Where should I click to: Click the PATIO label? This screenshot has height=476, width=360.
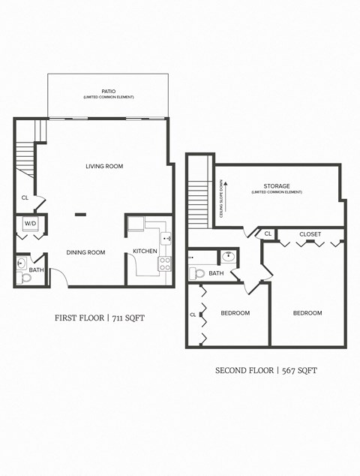[109, 91]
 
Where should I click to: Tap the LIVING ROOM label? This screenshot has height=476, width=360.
[104, 166]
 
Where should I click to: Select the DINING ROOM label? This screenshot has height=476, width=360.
[85, 252]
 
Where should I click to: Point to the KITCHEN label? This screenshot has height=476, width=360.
[145, 251]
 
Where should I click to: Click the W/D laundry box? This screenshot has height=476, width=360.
[31, 224]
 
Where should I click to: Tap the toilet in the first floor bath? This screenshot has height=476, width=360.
[25, 277]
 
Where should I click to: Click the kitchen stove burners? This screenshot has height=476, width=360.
[165, 264]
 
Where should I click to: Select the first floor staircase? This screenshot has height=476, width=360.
[25, 159]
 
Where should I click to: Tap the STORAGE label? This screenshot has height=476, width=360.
[276, 186]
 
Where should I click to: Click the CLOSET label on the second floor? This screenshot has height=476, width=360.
[310, 234]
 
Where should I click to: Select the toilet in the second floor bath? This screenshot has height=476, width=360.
[196, 273]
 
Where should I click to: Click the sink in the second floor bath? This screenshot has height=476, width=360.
[229, 258]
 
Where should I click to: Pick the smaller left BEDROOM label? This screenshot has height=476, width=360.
[235, 313]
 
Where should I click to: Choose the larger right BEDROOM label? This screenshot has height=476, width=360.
[307, 313]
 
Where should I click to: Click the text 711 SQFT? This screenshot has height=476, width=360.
[126, 318]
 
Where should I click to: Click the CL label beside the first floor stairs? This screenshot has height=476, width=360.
[25, 198]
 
